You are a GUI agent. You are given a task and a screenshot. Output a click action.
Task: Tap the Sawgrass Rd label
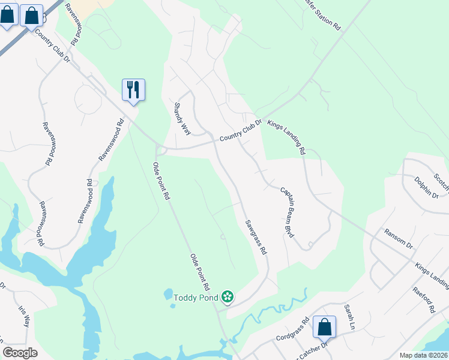tap(255, 237)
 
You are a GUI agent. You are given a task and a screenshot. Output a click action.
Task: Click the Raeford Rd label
tap(423, 300)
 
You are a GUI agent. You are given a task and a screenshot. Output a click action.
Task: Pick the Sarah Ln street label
tap(350, 317)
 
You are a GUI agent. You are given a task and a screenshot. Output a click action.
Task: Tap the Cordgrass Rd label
tap(293, 329)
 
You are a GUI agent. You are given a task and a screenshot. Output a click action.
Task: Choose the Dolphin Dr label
tap(426, 187)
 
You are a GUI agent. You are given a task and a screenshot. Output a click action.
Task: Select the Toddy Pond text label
tap(196, 297)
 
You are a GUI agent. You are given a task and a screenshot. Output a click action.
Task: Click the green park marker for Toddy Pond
tap(227, 296)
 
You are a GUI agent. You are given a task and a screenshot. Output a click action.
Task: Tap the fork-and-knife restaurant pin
tap(133, 90)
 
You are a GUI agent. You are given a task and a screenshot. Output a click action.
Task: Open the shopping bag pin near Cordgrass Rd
tap(324, 327)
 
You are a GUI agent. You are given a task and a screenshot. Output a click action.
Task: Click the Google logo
tap(20, 353)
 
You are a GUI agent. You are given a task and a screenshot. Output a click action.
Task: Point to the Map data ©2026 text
tap(423, 355)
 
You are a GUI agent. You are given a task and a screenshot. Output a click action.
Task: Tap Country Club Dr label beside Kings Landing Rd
tap(241, 130)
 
